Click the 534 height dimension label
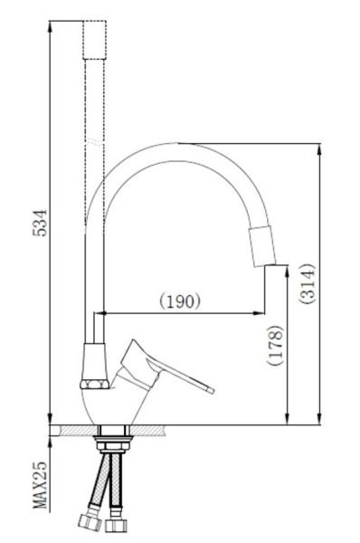coord(40,223)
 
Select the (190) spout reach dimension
coord(180,300)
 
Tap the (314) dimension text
coord(307,284)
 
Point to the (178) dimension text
coord(275,345)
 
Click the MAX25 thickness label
coord(40,485)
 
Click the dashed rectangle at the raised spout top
coord(94,40)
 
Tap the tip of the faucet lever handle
coord(212,390)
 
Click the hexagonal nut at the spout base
coord(94,384)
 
